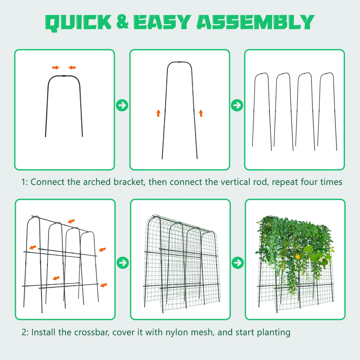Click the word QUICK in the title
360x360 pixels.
coord(78,23)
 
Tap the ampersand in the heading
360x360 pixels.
coord(122,22)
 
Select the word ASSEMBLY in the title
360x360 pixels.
coord(255,23)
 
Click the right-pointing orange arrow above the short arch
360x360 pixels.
coord(55,68)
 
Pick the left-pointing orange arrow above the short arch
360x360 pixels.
coord(72,68)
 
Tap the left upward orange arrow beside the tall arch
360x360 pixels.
coord(158,113)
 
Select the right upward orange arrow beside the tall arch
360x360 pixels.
coord(201,113)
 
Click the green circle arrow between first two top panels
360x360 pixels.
coord(122,105)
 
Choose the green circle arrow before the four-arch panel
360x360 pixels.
coord(237,105)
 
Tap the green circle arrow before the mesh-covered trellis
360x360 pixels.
coord(122,262)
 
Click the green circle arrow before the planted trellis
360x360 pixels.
coord(238,262)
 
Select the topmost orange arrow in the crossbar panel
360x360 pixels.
coord(71,221)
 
